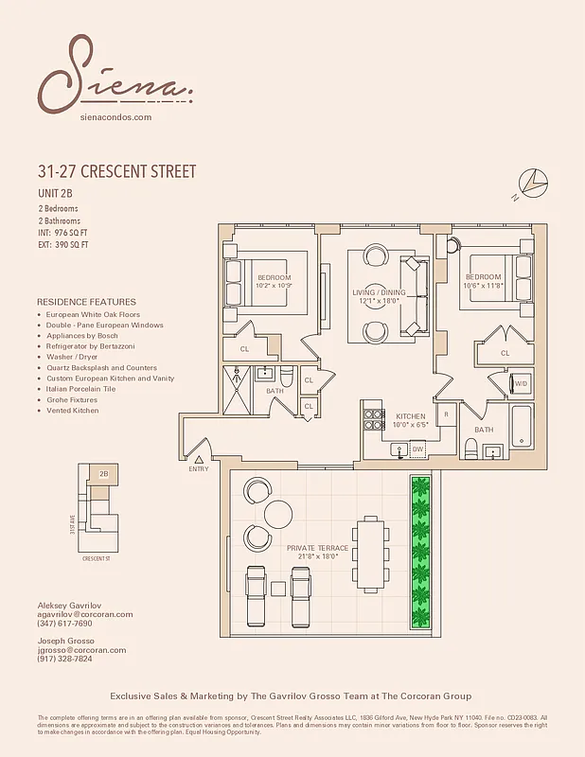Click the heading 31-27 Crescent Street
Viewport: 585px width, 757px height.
116,172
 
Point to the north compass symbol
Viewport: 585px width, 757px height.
533,181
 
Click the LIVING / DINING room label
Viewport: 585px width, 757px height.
379,292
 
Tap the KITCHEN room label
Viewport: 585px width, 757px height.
410,416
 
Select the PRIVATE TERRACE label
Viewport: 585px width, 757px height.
317,548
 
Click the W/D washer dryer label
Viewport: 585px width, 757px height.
520,383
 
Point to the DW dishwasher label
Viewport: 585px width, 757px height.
417,449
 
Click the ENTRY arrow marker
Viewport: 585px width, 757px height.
200,460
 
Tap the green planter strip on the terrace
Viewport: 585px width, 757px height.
420,552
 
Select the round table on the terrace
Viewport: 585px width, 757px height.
279,514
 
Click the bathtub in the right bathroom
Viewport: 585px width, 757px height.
522,428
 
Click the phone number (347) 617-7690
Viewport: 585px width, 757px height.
64,624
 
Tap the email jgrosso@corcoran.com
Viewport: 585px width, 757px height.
81,650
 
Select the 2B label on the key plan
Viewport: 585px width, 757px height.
103,473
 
